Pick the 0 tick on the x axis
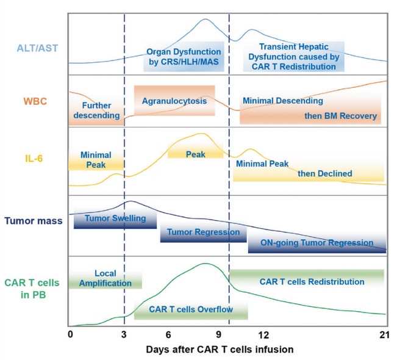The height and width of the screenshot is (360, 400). click(70, 335)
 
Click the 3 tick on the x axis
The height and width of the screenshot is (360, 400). click(124, 335)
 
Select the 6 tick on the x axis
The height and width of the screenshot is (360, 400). click(168, 335)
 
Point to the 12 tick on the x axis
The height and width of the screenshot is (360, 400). click(263, 335)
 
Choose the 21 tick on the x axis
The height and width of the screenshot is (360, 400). click(384, 335)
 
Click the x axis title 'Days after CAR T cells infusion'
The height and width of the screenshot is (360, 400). click(220, 350)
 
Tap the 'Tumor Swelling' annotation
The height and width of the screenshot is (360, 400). click(115, 218)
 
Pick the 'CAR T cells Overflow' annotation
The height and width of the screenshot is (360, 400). click(190, 309)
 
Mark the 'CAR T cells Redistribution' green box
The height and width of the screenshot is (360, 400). click(307, 281)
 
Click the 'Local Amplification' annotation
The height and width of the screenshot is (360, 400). click(105, 278)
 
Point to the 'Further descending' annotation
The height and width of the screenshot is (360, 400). click(97, 110)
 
